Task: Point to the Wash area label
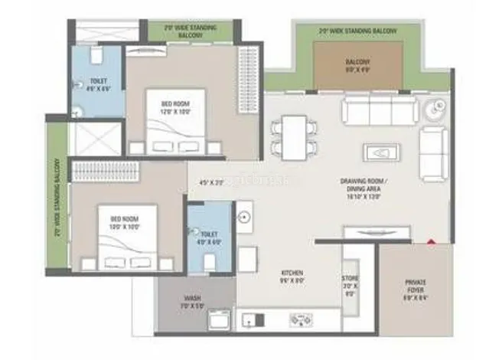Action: [192, 303]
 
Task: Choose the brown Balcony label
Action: [357, 65]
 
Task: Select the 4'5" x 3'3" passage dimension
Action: [210, 182]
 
